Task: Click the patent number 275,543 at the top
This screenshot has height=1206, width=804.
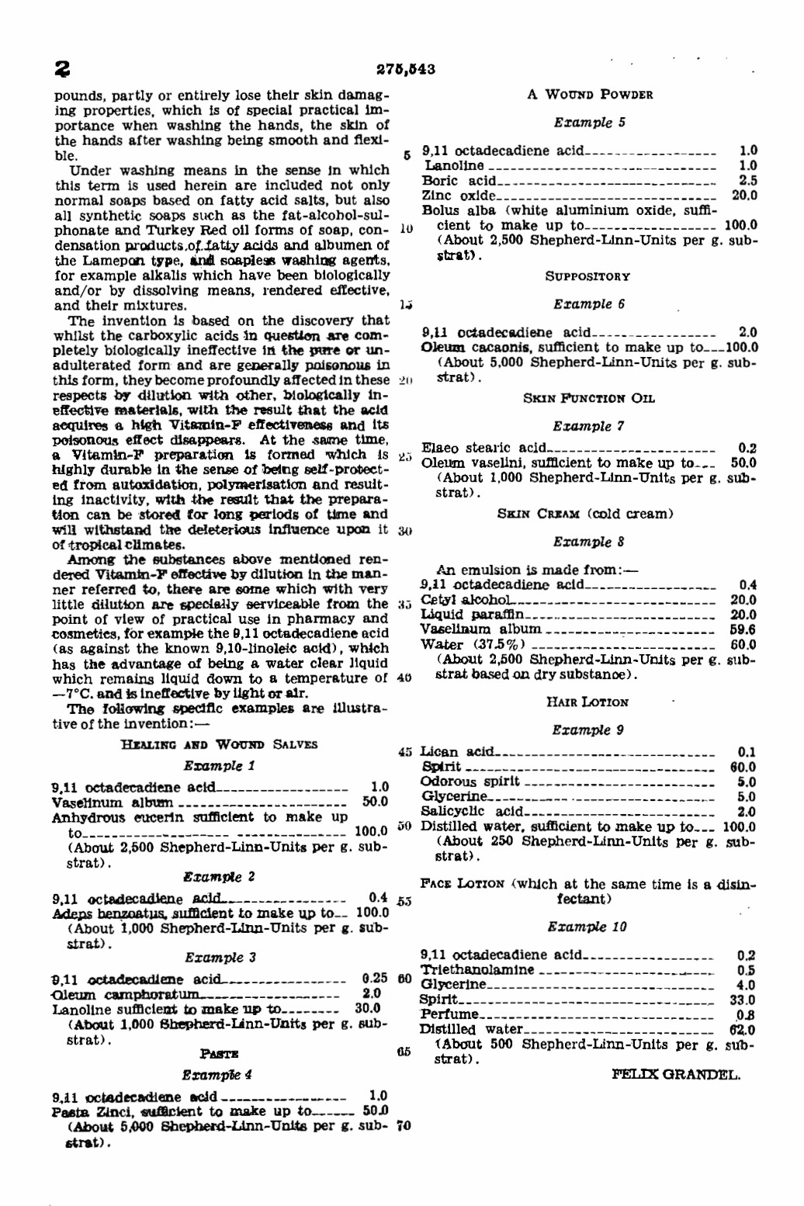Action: click(405, 69)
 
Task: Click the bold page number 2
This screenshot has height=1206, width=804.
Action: click(62, 70)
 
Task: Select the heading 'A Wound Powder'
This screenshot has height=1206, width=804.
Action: click(589, 95)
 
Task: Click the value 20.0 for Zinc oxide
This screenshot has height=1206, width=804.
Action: click(744, 196)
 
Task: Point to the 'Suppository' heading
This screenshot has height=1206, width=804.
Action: click(587, 276)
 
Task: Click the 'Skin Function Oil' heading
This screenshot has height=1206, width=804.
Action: click(588, 398)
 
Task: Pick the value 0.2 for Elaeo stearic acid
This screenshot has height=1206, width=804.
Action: click(747, 448)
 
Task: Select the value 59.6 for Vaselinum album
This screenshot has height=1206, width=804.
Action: click(743, 630)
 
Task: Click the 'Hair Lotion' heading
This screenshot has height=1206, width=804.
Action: click(587, 702)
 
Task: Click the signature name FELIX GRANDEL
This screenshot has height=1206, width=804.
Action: click(675, 1075)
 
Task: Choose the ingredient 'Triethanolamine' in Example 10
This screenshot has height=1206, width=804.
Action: click(477, 970)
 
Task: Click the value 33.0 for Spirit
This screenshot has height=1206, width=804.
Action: click(743, 1000)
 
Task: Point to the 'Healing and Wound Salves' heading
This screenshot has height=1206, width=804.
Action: click(219, 744)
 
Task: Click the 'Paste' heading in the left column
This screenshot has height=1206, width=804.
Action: click(219, 1054)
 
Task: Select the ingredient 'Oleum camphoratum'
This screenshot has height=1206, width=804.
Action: click(125, 994)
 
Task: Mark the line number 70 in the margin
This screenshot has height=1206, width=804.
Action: click(404, 1125)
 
